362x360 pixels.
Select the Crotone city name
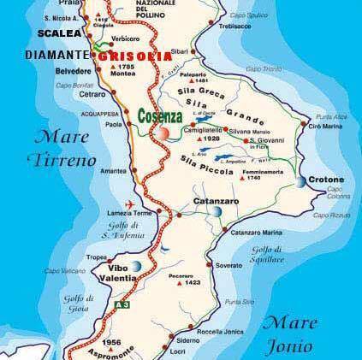[329, 180]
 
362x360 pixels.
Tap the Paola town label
[114, 121]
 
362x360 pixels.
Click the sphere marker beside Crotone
[302, 182]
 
